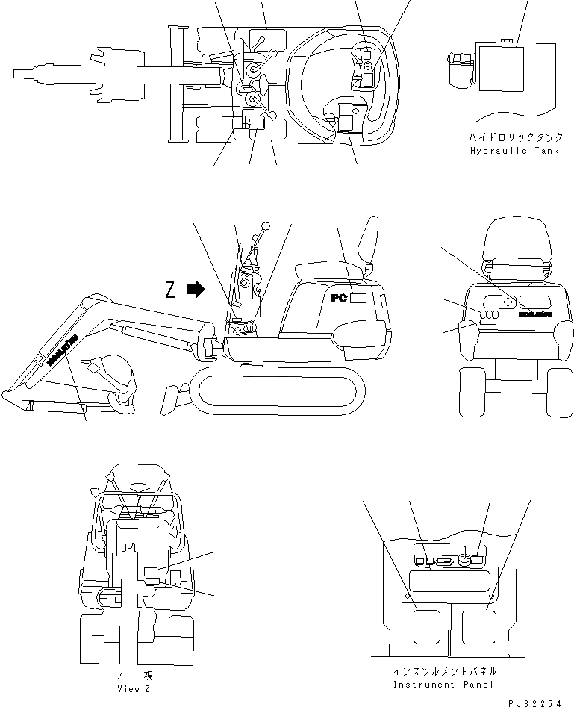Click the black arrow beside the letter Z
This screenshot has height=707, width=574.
tap(196, 290)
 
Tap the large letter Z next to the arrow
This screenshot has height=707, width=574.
tap(171, 290)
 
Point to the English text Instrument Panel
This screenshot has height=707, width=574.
tap(434, 685)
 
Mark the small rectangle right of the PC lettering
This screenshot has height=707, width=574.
tap(358, 298)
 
